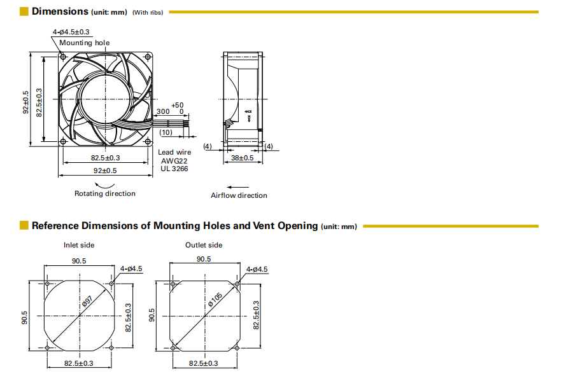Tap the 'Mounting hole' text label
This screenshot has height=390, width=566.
85,43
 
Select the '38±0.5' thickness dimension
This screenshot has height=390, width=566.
241,157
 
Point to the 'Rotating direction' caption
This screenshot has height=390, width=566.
105,193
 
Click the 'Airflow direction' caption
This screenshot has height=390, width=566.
239,195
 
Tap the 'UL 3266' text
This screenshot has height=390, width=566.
174,169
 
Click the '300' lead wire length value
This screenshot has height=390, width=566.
163,111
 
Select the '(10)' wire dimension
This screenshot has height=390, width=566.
166,132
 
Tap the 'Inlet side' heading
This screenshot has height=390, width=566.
79,245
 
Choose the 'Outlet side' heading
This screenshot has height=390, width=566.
204,245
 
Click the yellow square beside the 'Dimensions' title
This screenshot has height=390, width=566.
24,11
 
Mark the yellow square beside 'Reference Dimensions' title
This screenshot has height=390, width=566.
24,225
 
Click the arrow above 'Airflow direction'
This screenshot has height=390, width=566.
239,186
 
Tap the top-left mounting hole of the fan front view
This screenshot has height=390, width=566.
62,56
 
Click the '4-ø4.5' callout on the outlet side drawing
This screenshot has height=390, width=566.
257,270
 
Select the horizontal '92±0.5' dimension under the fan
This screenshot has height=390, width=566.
106,171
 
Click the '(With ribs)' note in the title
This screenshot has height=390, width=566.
148,13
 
